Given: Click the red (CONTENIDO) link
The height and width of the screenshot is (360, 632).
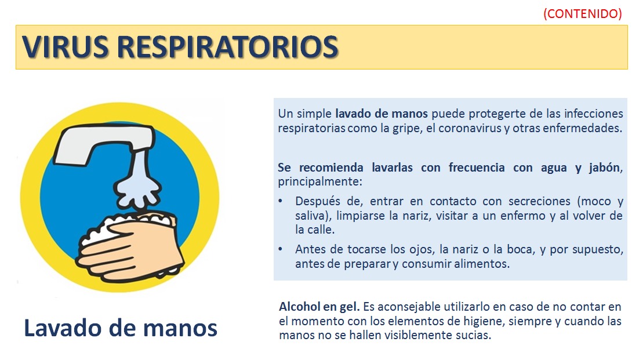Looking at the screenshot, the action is point(582,14).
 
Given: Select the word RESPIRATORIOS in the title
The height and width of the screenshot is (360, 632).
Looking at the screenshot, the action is point(228,47).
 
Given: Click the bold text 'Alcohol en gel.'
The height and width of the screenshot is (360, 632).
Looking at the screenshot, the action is point(319,307).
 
